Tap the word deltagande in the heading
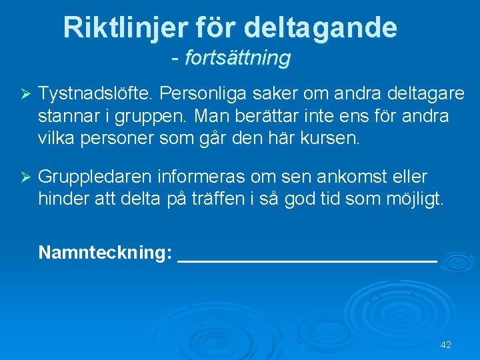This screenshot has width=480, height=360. (x=321, y=28)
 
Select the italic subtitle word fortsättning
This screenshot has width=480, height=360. (x=237, y=59)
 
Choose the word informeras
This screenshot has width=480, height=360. (x=202, y=177)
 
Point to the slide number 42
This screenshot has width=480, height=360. (x=446, y=345)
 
